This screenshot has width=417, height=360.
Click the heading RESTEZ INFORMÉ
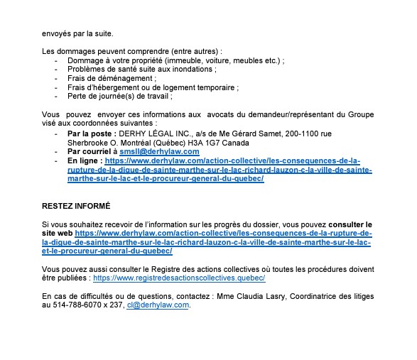[x=76, y=206]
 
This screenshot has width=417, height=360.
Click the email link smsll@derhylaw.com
[x=159, y=151]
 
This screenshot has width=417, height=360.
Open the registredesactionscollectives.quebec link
[x=180, y=278]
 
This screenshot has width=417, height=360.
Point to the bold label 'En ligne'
[x=83, y=160]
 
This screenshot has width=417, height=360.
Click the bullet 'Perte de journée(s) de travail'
[x=119, y=96]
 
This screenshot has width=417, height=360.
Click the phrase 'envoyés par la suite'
[x=77, y=33]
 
